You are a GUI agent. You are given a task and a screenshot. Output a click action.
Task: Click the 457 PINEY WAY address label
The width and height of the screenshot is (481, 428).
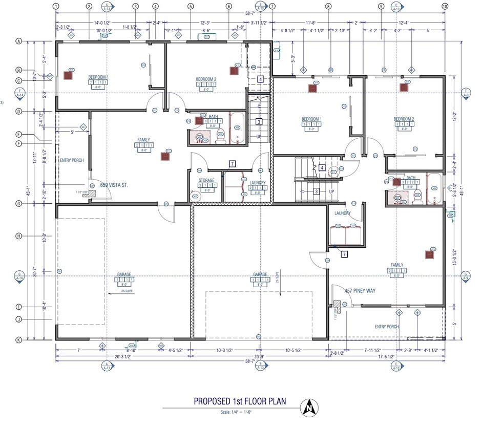pos(360,291)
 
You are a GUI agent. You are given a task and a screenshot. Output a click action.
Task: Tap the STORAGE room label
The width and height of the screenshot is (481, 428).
pos(206,181)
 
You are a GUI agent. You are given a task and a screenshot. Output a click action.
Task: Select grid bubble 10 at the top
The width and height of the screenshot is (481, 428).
pos(445,6)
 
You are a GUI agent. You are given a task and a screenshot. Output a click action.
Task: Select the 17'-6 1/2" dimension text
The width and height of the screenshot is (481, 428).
pos(387,356)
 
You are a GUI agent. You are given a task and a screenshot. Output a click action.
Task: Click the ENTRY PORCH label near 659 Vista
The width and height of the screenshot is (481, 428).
pos(72,160)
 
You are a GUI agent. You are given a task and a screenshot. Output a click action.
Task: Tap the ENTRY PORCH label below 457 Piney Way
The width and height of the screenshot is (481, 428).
pos(387,327)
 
